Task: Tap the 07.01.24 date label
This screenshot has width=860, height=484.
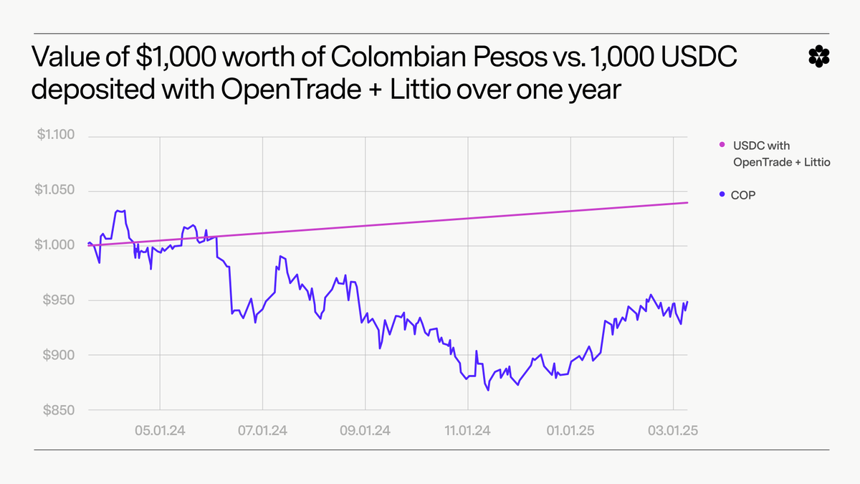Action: click(263, 430)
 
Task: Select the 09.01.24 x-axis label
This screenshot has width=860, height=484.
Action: click(365, 430)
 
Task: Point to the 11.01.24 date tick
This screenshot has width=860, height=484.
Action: click(468, 430)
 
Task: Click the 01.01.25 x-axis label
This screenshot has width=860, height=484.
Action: click(570, 430)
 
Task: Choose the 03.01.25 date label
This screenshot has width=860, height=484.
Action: click(673, 430)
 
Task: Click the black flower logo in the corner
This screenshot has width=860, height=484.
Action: click(816, 56)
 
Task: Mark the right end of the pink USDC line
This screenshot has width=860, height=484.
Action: click(687, 203)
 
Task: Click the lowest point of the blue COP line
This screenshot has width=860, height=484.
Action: click(488, 391)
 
